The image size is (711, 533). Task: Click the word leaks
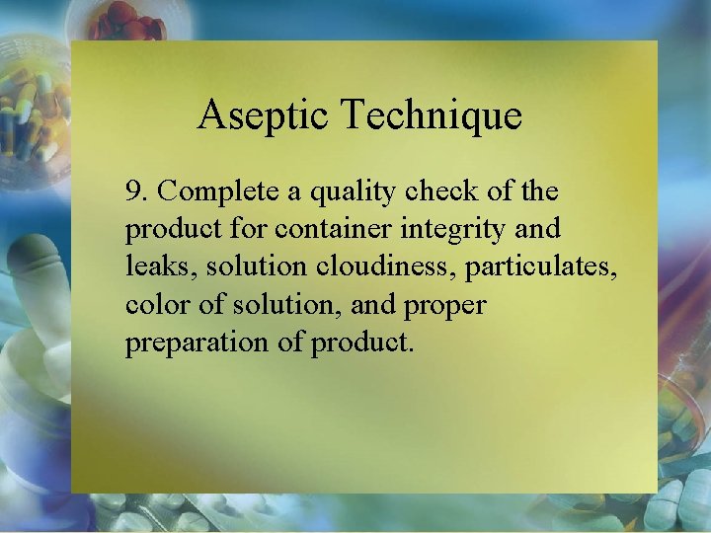pos(159,267)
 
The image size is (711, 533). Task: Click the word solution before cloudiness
pos(253,267)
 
